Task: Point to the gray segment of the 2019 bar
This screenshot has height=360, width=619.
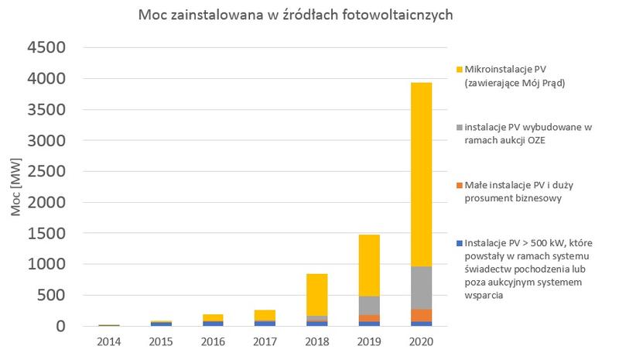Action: [x=368, y=305]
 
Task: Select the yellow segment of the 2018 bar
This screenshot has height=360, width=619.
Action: [x=316, y=294]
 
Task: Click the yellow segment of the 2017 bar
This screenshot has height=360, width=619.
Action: [x=265, y=315]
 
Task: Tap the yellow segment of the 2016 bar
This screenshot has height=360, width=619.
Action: [x=212, y=317]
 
